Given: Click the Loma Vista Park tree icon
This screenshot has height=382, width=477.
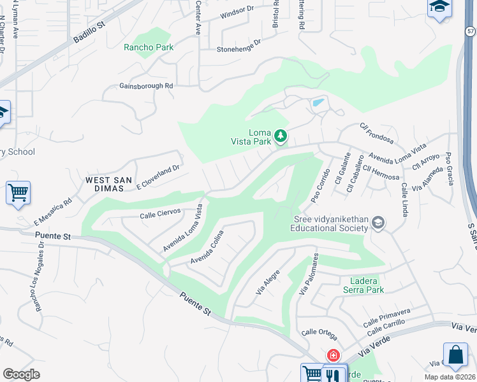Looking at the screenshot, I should (x=280, y=135).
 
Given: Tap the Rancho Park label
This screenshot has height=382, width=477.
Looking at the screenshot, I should (x=149, y=47).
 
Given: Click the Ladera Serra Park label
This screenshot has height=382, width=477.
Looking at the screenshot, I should (x=367, y=285).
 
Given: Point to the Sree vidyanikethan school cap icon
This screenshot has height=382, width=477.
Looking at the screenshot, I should (x=379, y=222).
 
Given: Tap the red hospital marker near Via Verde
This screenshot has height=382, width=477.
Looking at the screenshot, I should (x=333, y=355).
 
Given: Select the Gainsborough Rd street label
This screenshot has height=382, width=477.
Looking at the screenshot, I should (x=146, y=86).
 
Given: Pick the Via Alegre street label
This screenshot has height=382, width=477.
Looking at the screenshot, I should (x=268, y=282).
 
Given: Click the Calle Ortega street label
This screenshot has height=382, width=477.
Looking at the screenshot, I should (x=319, y=332).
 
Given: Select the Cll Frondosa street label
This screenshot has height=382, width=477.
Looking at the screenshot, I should (x=377, y=134).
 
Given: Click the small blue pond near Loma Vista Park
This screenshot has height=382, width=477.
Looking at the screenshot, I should (x=317, y=103).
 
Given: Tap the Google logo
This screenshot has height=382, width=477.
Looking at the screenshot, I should (x=21, y=374).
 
